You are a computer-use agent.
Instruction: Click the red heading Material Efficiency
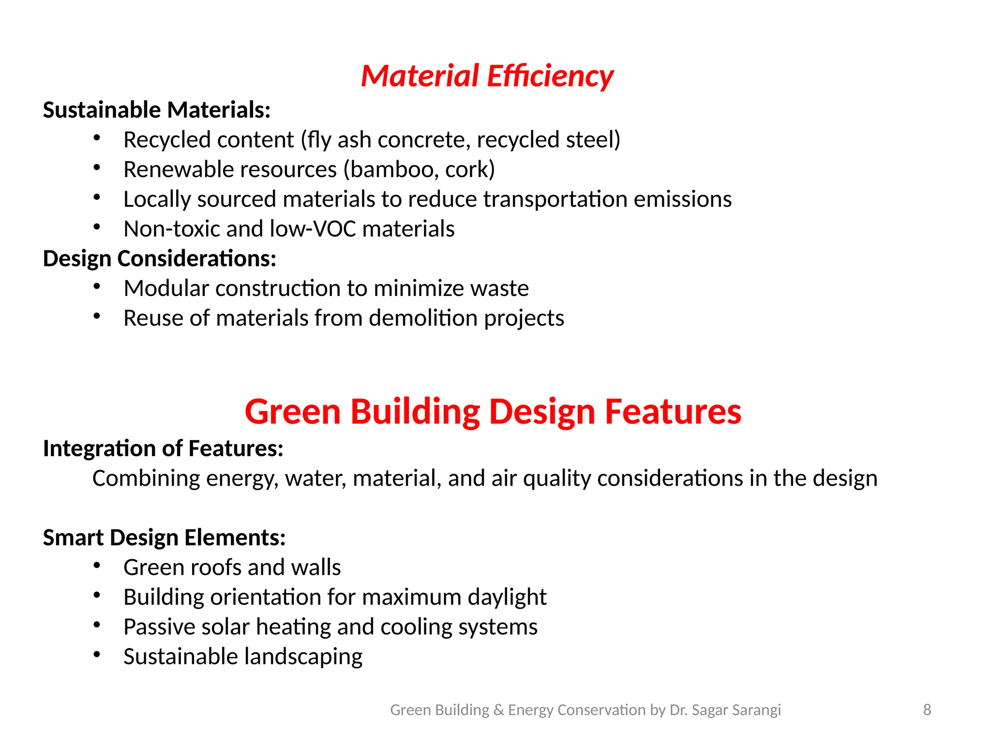pos(487,76)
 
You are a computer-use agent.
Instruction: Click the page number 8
pos(927,710)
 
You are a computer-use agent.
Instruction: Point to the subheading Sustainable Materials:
pos(157,110)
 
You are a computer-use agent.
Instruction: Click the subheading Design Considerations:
pos(160,259)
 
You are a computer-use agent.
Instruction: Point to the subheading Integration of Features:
pos(163,448)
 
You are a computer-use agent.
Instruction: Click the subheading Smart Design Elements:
pos(165,538)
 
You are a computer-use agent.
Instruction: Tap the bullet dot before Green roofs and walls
pos(97,565)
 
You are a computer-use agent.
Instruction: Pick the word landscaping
pos(303,657)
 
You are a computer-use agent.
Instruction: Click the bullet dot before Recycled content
pos(97,138)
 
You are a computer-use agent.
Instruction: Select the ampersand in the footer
pos(498,710)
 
